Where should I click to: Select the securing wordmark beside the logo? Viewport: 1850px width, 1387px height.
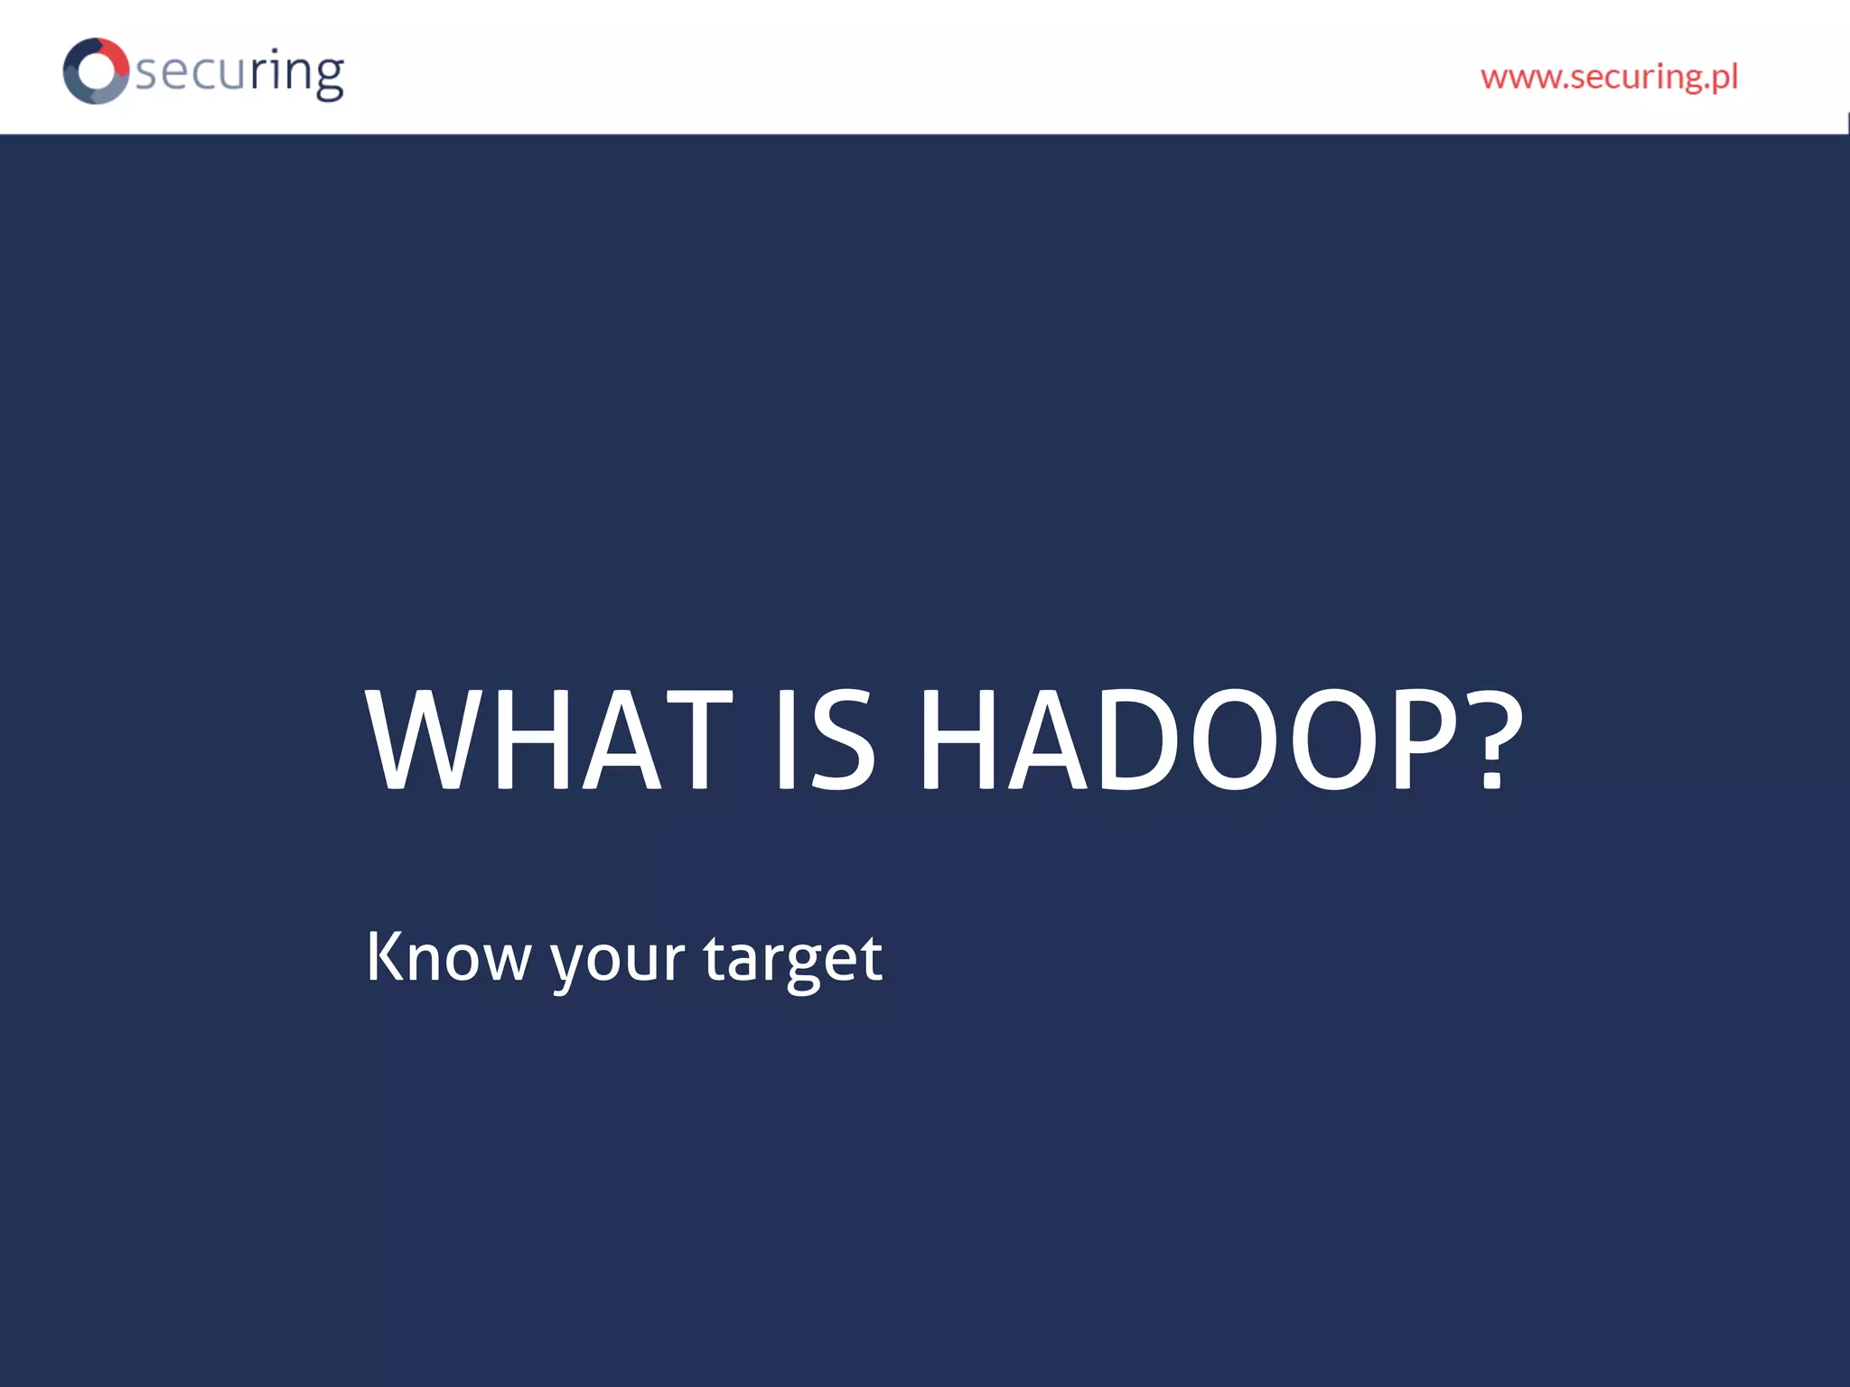[239, 72]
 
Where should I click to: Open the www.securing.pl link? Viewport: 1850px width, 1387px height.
[1609, 77]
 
